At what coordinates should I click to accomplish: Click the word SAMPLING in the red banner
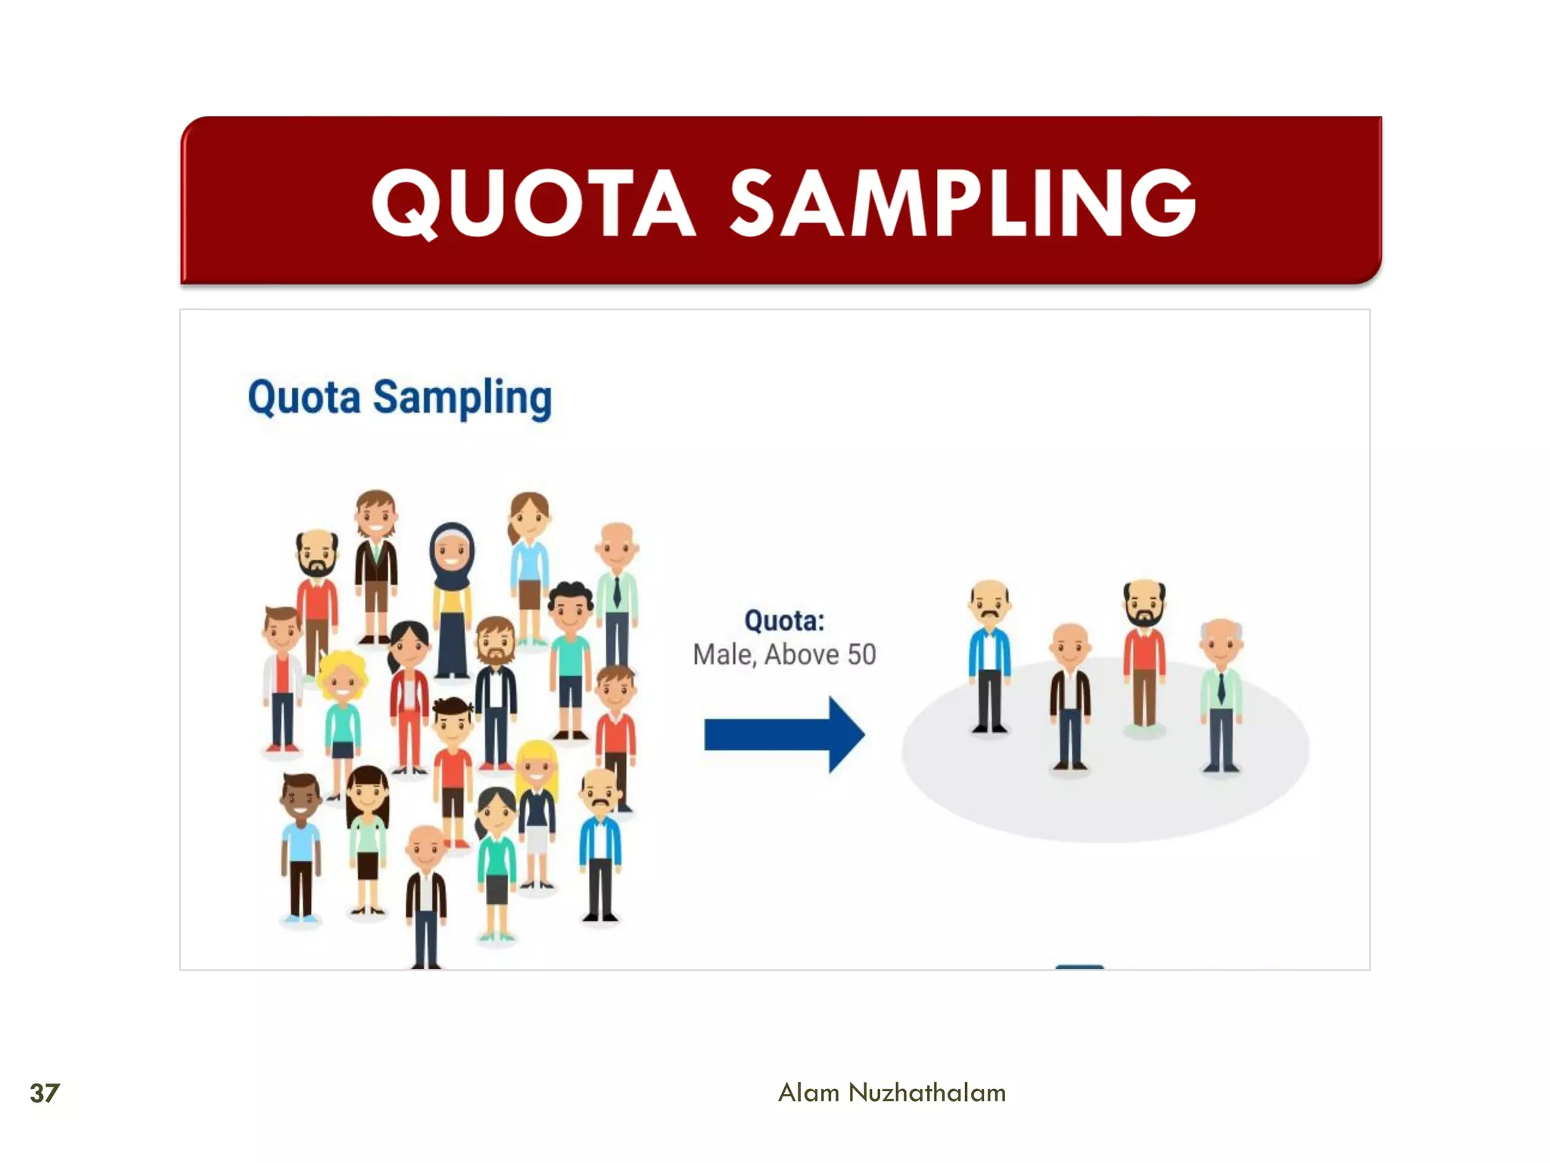[963, 203]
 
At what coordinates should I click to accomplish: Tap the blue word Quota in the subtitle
[304, 397]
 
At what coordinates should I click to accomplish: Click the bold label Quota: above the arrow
[784, 621]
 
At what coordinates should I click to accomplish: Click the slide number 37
[44, 1093]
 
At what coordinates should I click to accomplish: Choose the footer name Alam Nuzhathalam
[892, 1093]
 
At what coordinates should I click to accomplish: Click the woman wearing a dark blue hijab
[452, 598]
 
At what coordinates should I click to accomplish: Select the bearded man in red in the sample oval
[1144, 651]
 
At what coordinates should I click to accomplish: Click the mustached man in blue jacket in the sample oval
[989, 655]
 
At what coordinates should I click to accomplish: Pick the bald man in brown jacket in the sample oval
[1069, 693]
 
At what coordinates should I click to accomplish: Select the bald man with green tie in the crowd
[617, 591]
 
